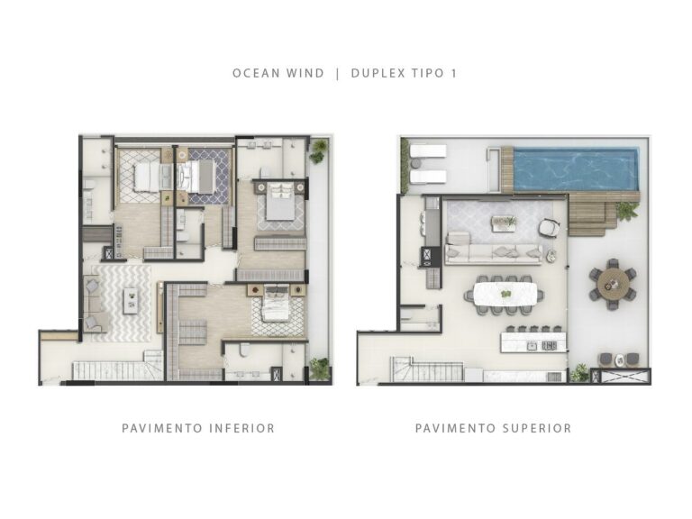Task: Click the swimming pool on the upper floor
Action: point(575,169)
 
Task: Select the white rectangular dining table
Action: point(504,294)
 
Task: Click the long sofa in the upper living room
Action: point(494,251)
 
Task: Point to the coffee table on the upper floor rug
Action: point(503,222)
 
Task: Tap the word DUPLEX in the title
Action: point(378,73)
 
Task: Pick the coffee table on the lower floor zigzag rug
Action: point(132,299)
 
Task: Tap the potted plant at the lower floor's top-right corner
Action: point(317,150)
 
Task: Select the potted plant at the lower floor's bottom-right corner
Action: point(318,368)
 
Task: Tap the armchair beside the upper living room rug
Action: point(549,229)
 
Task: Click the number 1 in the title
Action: point(453,73)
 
